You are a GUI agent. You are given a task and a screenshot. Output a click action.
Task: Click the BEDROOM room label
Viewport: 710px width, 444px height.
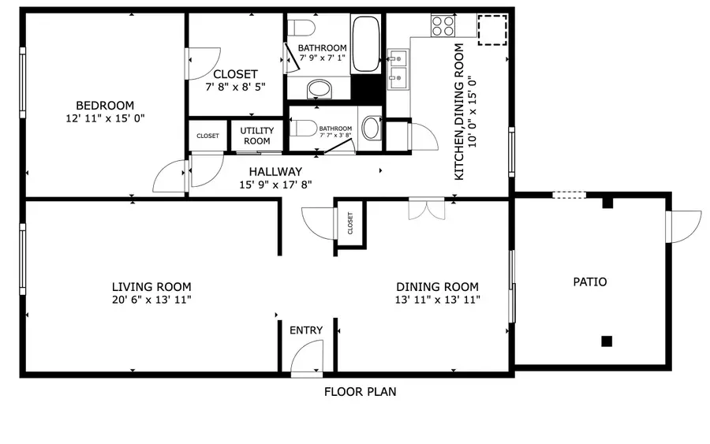click(x=104, y=106)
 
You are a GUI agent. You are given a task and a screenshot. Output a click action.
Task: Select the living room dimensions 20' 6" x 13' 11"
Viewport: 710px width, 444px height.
click(x=151, y=300)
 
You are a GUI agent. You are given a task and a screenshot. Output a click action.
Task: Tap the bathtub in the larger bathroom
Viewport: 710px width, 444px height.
click(x=365, y=43)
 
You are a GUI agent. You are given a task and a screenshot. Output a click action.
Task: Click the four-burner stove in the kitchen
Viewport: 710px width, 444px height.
click(x=443, y=26)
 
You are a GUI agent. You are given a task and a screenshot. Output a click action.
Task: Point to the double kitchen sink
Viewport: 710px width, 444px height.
click(x=398, y=67)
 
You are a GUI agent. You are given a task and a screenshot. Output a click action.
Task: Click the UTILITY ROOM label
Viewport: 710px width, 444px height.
click(x=256, y=136)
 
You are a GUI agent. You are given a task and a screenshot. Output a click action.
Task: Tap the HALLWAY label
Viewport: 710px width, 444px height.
click(x=275, y=172)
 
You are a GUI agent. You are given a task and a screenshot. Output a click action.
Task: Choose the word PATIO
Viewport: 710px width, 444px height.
click(x=590, y=282)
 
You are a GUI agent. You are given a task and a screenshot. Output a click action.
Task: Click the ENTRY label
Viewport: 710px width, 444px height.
click(x=306, y=330)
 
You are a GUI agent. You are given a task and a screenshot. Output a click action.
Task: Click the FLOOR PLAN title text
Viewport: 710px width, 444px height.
click(x=360, y=391)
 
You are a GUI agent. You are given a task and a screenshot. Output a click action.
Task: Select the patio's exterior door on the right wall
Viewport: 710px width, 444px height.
click(x=682, y=226)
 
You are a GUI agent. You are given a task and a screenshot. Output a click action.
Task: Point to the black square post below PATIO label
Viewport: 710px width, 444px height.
click(x=606, y=341)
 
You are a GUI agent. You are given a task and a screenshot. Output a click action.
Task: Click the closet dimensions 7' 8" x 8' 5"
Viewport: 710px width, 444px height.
click(x=234, y=88)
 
